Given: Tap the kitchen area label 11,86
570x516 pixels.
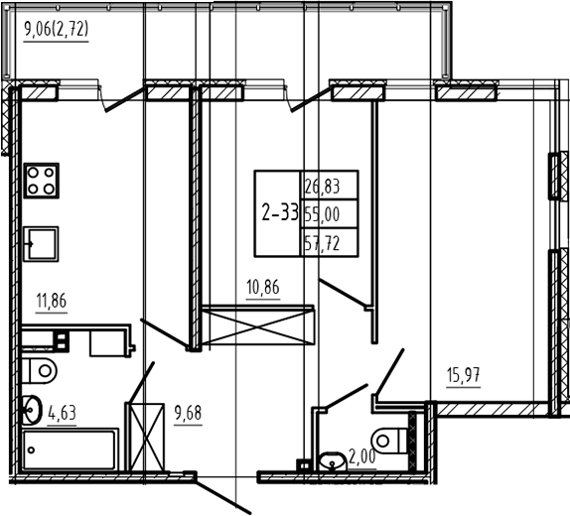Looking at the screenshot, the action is tap(52, 302).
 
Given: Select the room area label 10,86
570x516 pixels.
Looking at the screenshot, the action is tap(263, 288).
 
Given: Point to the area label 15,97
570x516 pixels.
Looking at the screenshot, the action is tap(463, 375).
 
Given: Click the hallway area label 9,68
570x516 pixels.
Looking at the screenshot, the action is tap(188, 414).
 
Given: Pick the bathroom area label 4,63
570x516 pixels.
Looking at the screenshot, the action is tap(63, 413).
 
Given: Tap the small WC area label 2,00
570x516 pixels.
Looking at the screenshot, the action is tap(362, 456).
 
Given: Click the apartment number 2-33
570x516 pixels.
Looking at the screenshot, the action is tap(280, 213).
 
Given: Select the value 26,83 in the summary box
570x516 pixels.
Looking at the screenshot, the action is tap(322, 187).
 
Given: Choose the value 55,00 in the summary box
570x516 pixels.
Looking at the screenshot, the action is tap(322, 214).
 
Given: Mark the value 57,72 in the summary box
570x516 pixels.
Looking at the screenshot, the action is tap(322, 243).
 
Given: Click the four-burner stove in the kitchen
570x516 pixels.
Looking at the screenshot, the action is tap(41, 181).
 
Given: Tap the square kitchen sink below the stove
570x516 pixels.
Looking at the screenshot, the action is tap(41, 244).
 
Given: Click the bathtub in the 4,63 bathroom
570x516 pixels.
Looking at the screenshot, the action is tap(71, 450).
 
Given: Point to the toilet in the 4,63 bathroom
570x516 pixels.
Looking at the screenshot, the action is tap(40, 371).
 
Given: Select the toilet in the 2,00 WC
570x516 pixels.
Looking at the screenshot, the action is tap(389, 441).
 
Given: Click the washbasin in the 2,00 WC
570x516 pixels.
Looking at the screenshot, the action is tap(332, 461).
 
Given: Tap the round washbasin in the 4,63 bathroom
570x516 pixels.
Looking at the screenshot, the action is tap(31, 410).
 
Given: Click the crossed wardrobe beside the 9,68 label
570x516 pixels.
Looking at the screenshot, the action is tap(145, 437).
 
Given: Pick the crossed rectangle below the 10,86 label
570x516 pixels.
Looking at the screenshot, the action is tap(258, 325).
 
